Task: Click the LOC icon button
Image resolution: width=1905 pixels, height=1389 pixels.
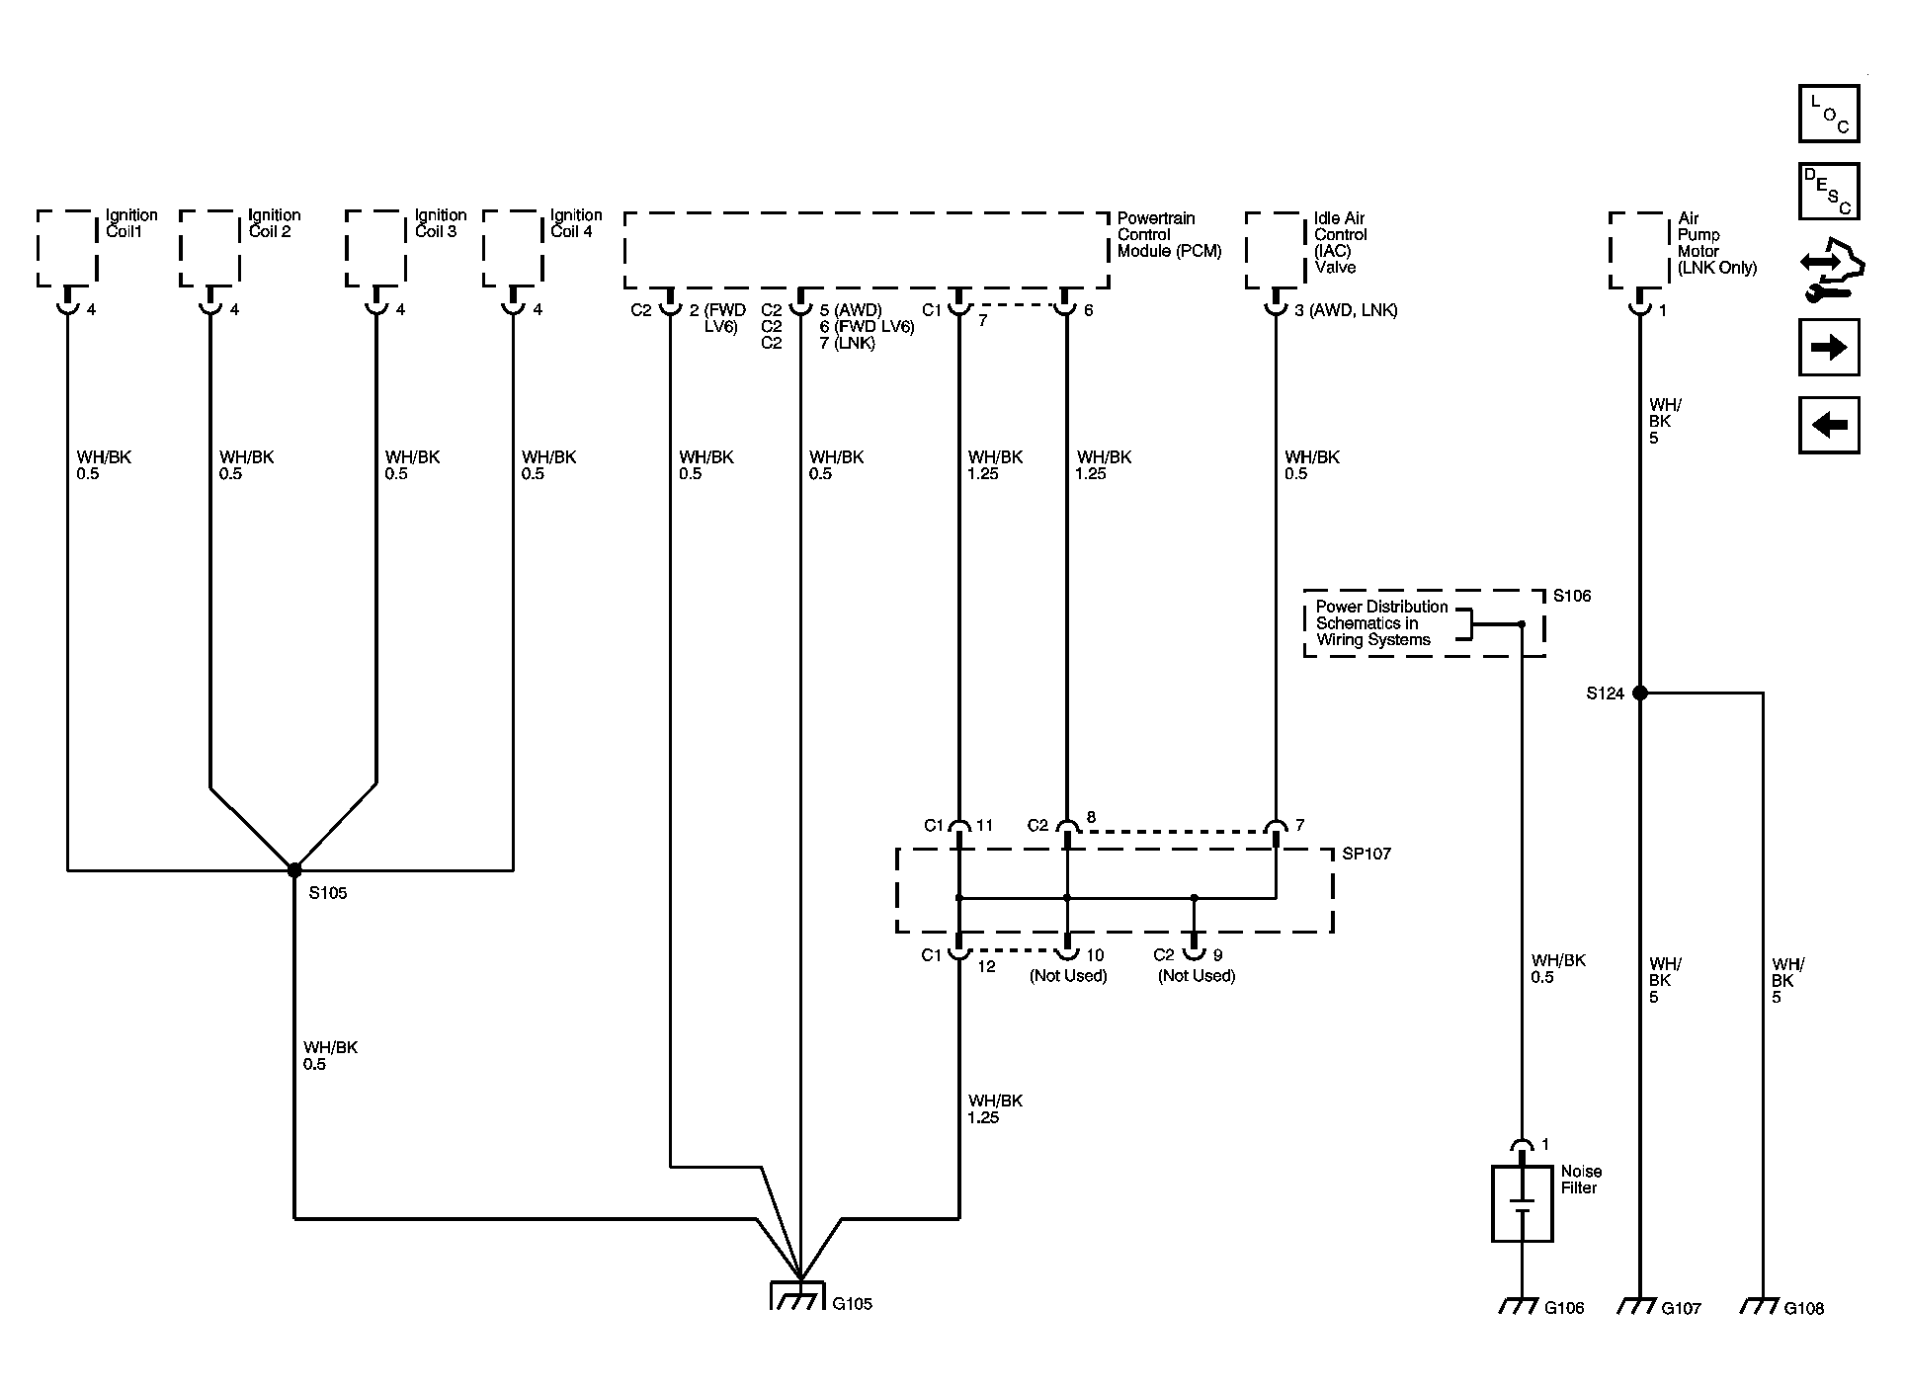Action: [x=1829, y=114]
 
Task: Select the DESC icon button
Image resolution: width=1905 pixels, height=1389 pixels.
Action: [x=1829, y=192]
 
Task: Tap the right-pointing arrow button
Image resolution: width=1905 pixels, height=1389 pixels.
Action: [x=1829, y=348]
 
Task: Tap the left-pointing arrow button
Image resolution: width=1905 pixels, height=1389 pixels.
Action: [x=1829, y=426]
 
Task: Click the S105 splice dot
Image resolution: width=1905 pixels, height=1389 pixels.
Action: [x=294, y=870]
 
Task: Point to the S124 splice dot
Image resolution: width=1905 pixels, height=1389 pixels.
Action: [x=1640, y=694]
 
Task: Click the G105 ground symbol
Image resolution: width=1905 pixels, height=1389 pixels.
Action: [x=796, y=1295]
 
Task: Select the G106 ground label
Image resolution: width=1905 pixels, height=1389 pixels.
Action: [x=1564, y=1308]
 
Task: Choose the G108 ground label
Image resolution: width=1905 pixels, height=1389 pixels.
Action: [x=1804, y=1308]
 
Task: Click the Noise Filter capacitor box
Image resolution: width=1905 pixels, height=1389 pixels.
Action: [x=1522, y=1203]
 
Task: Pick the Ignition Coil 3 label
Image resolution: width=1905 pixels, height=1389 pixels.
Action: [x=440, y=223]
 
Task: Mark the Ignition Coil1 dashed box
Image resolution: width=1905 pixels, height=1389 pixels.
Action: [x=67, y=249]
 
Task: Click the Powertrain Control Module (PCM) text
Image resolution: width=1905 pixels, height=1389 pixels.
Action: [x=1170, y=235]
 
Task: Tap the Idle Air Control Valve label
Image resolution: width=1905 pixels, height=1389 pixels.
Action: [x=1341, y=243]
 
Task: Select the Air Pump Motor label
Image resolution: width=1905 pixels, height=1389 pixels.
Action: [x=1717, y=243]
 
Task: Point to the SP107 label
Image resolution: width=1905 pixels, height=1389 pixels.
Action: [x=1367, y=854]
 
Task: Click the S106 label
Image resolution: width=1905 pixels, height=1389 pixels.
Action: [x=1572, y=596]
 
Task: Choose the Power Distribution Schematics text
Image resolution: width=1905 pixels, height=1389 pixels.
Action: [x=1381, y=623]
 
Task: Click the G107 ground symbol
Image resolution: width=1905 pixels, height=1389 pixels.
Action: [x=1640, y=1306]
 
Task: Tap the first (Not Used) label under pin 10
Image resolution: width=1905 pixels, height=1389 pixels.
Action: [x=1068, y=976]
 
